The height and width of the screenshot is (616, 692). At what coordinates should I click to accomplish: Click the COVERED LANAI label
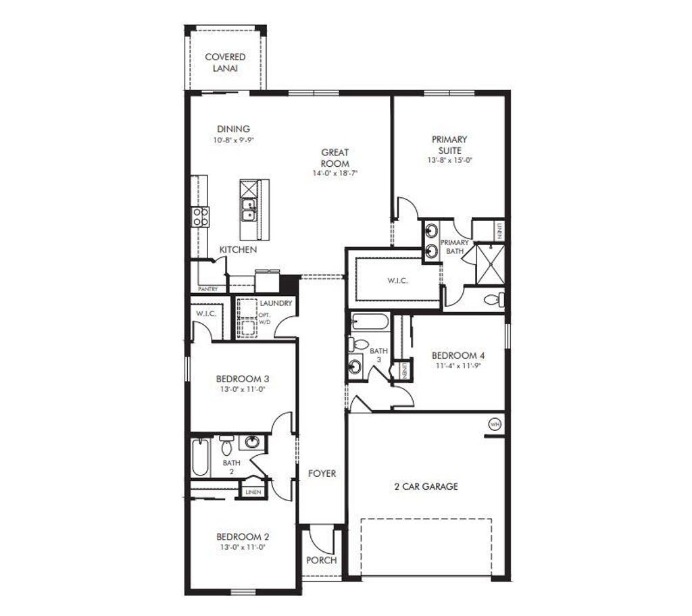225,63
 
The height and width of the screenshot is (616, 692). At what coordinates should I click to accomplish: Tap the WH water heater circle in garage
495,423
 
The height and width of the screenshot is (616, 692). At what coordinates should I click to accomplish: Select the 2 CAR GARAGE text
426,486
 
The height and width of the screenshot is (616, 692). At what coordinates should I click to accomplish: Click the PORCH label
321,561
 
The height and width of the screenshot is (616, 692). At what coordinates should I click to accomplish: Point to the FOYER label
322,473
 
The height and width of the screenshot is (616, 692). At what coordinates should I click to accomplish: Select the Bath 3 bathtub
369,322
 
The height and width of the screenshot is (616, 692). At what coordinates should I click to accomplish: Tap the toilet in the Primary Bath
493,299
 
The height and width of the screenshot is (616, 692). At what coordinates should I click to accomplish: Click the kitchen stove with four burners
201,216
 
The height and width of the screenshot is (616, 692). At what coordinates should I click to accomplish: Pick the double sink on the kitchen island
248,209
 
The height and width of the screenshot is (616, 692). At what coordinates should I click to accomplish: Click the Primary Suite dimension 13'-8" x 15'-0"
449,161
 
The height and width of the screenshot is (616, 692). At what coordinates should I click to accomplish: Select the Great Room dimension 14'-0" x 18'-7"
335,173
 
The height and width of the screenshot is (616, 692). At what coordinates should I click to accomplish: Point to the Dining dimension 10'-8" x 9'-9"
233,140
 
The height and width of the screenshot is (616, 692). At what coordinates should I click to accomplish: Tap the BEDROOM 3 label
243,378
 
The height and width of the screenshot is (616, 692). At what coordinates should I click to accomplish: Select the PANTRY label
207,289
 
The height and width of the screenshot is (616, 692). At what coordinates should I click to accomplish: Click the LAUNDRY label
276,303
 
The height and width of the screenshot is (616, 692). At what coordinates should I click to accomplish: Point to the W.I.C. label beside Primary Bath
397,280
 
